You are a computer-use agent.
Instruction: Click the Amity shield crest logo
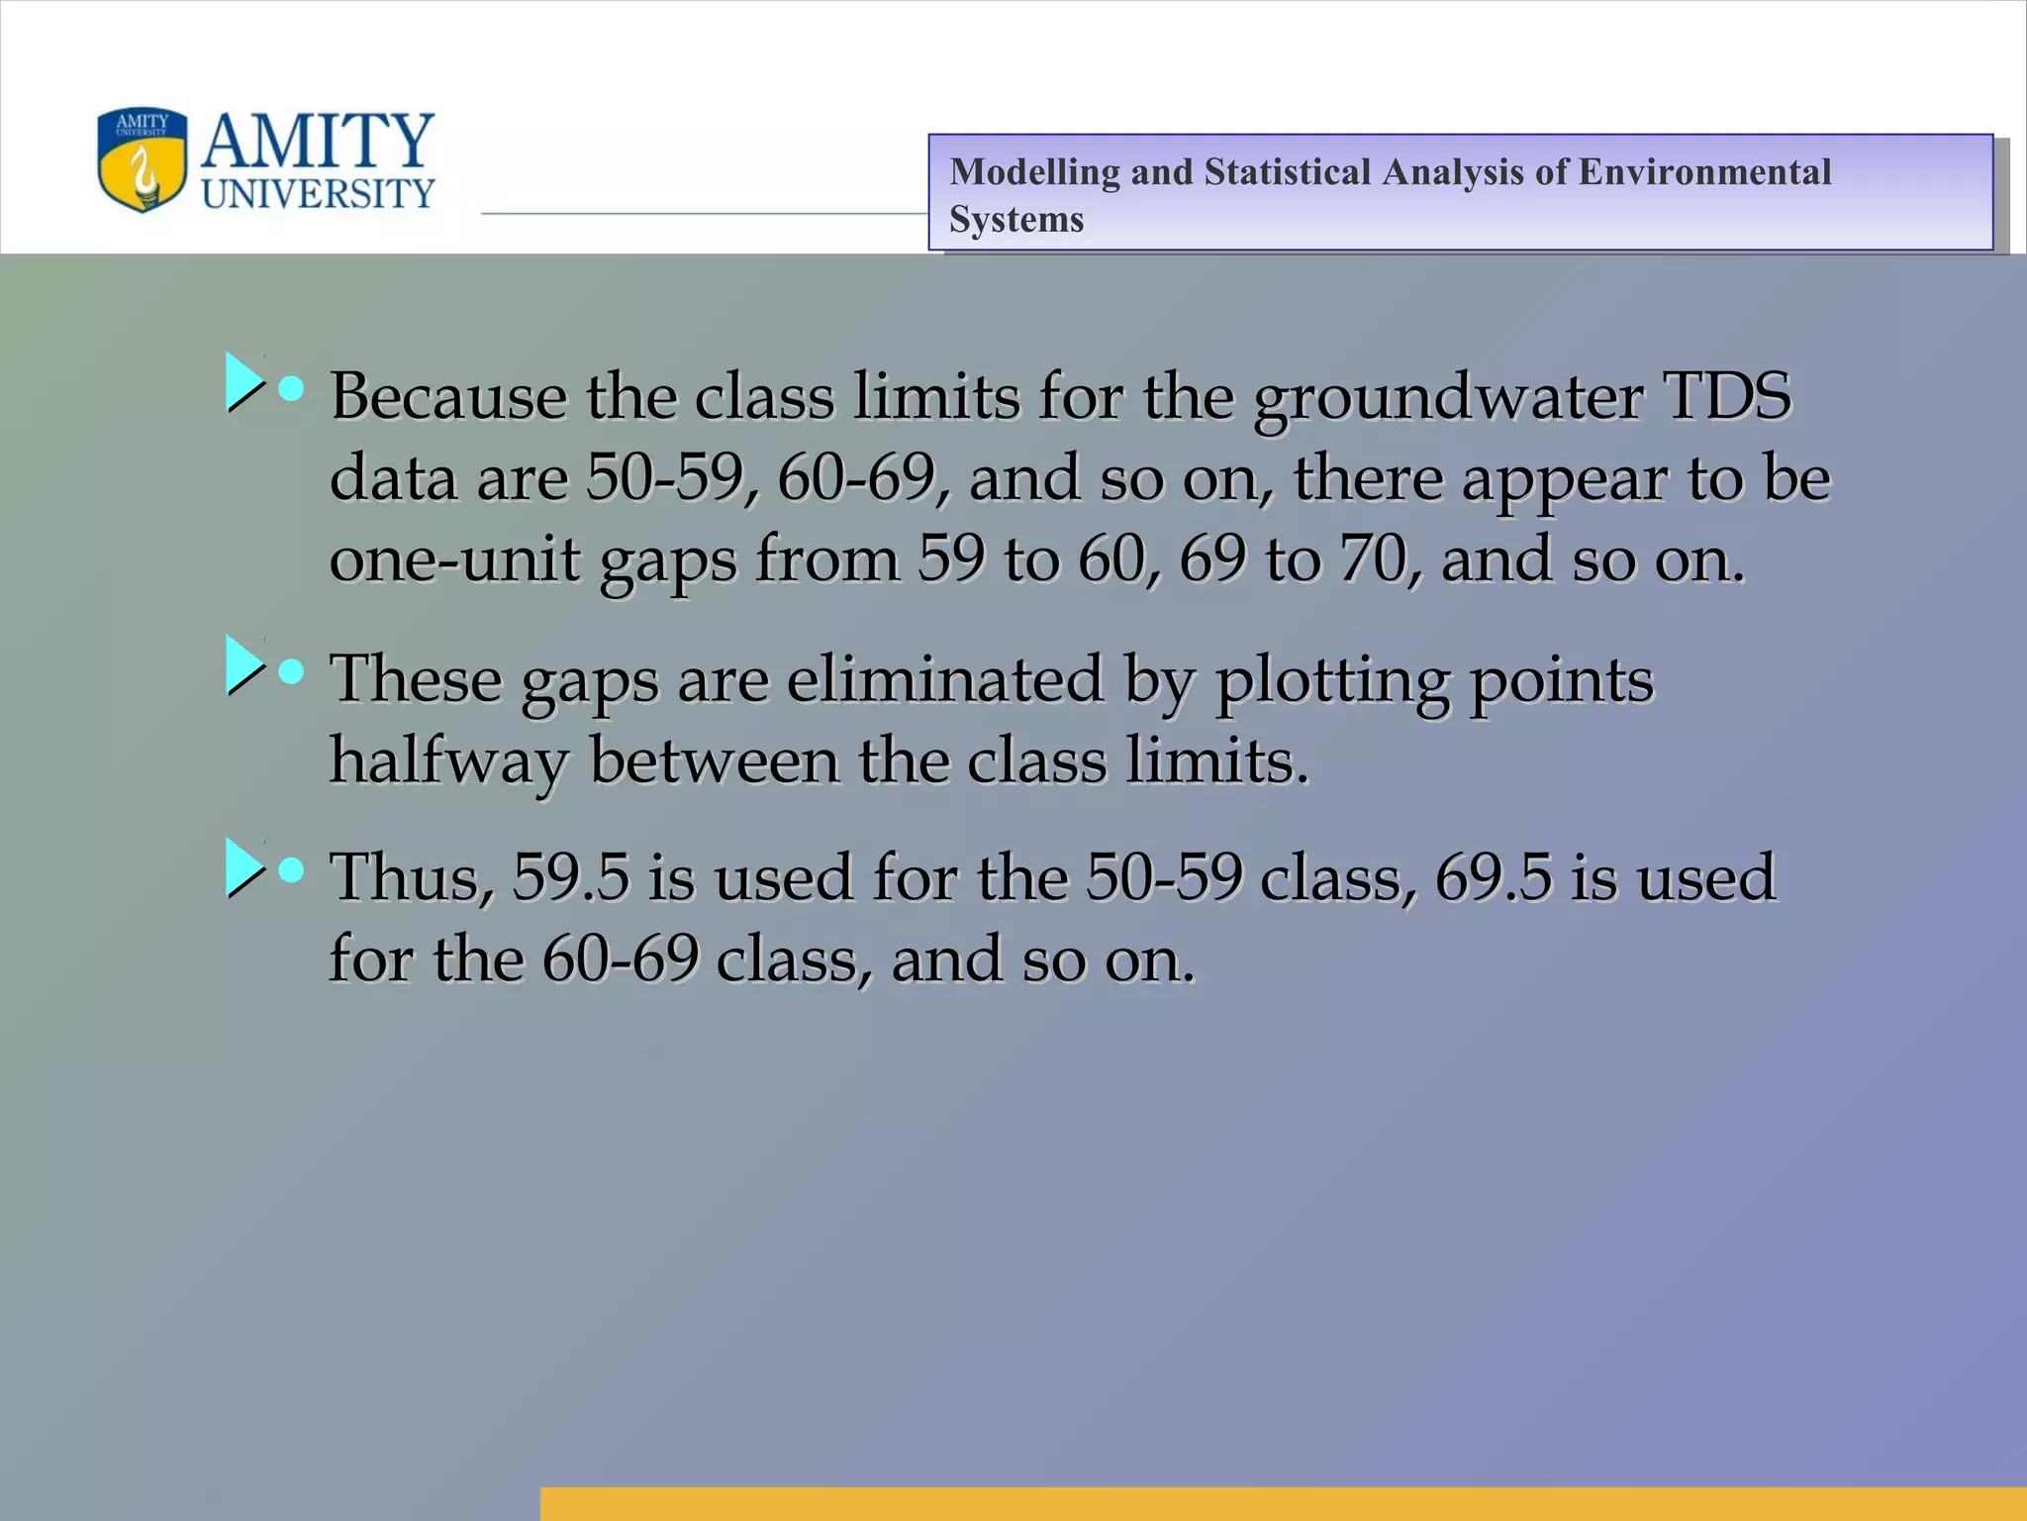143,160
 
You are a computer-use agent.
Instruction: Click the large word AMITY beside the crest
318,141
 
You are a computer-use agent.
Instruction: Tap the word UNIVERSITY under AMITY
318,194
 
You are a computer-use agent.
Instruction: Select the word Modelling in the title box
1033,172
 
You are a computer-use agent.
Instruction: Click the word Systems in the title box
1015,220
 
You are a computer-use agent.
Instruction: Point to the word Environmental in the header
1704,172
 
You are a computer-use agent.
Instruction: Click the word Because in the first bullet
447,396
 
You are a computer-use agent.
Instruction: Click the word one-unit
455,560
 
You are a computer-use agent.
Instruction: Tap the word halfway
448,762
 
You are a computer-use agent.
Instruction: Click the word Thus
411,878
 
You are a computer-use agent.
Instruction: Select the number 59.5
570,878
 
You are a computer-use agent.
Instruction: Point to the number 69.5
1493,878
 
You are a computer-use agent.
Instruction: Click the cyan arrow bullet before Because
243,382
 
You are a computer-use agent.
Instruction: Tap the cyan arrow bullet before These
243,664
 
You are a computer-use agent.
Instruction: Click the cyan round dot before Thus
291,870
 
